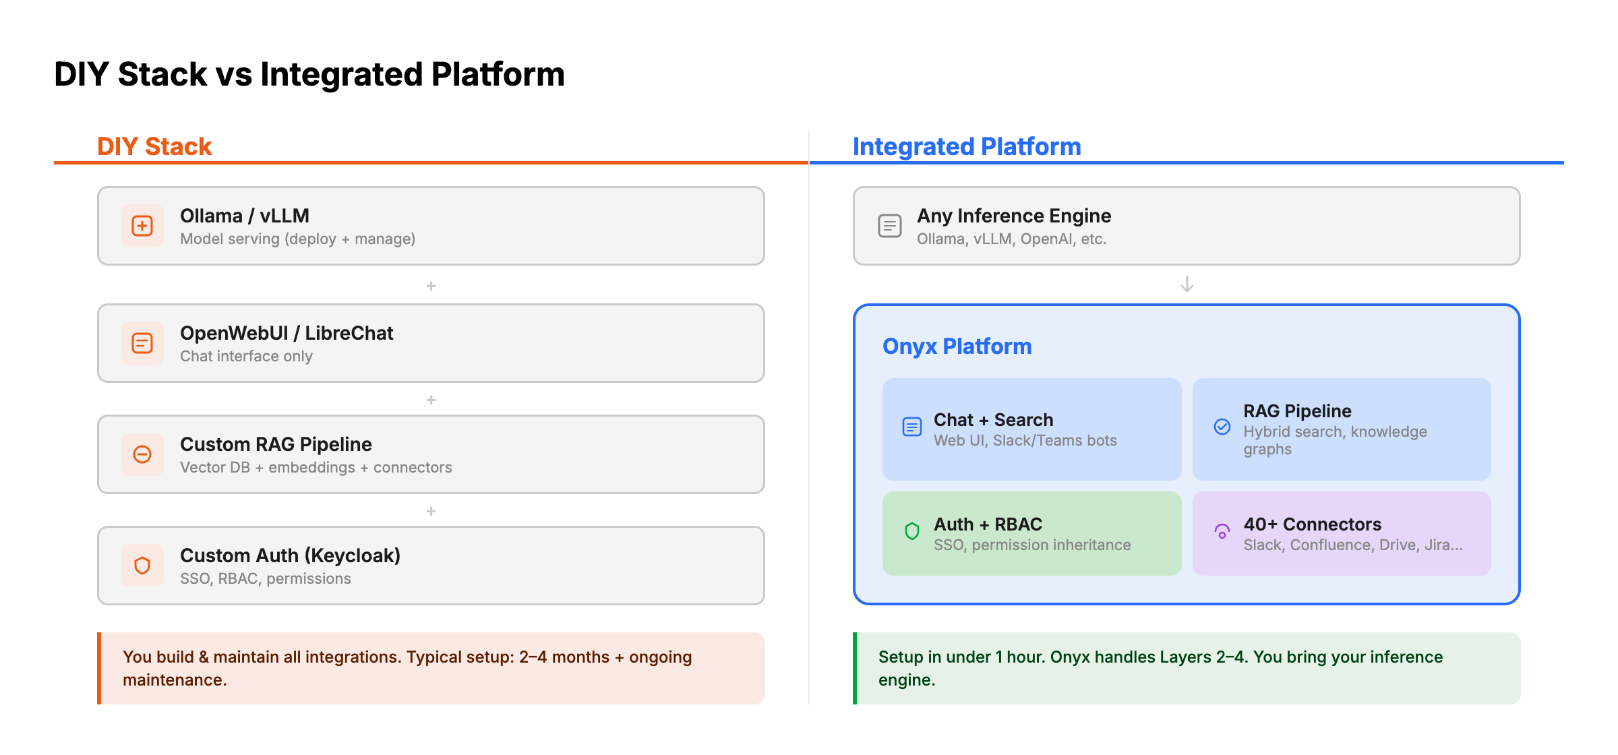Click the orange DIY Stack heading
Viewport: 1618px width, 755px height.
pyautogui.click(x=154, y=146)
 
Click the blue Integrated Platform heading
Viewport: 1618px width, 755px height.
pyautogui.click(x=966, y=146)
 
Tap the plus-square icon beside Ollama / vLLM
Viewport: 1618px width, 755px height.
pyautogui.click(x=142, y=226)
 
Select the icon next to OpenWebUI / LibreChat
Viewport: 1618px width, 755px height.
pyautogui.click(x=142, y=343)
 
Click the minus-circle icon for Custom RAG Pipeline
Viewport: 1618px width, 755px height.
pyautogui.click(x=142, y=454)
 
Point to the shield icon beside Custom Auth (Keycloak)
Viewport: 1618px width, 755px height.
pyautogui.click(x=142, y=566)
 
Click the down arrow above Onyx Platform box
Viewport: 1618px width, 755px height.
pyautogui.click(x=1187, y=284)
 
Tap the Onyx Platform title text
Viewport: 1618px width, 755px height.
pyautogui.click(x=957, y=346)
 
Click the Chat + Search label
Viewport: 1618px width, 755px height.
pyautogui.click(x=993, y=420)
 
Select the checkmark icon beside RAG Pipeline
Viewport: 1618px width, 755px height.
pyautogui.click(x=1222, y=427)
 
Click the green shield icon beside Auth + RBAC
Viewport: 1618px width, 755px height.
pyautogui.click(x=912, y=531)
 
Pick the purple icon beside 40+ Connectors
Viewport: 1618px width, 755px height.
pyautogui.click(x=1222, y=531)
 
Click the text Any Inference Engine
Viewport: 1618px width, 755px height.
pyautogui.click(x=1013, y=216)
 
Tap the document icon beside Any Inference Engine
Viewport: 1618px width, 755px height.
pyautogui.click(x=889, y=226)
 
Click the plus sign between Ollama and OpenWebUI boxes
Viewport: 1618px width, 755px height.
pyautogui.click(x=431, y=286)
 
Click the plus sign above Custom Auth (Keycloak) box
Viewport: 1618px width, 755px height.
pyautogui.click(x=431, y=511)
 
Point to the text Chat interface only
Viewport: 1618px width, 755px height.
pyautogui.click(x=246, y=356)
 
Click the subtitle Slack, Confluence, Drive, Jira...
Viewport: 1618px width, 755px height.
pyautogui.click(x=1352, y=545)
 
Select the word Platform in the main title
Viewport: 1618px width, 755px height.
pyautogui.click(x=498, y=74)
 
